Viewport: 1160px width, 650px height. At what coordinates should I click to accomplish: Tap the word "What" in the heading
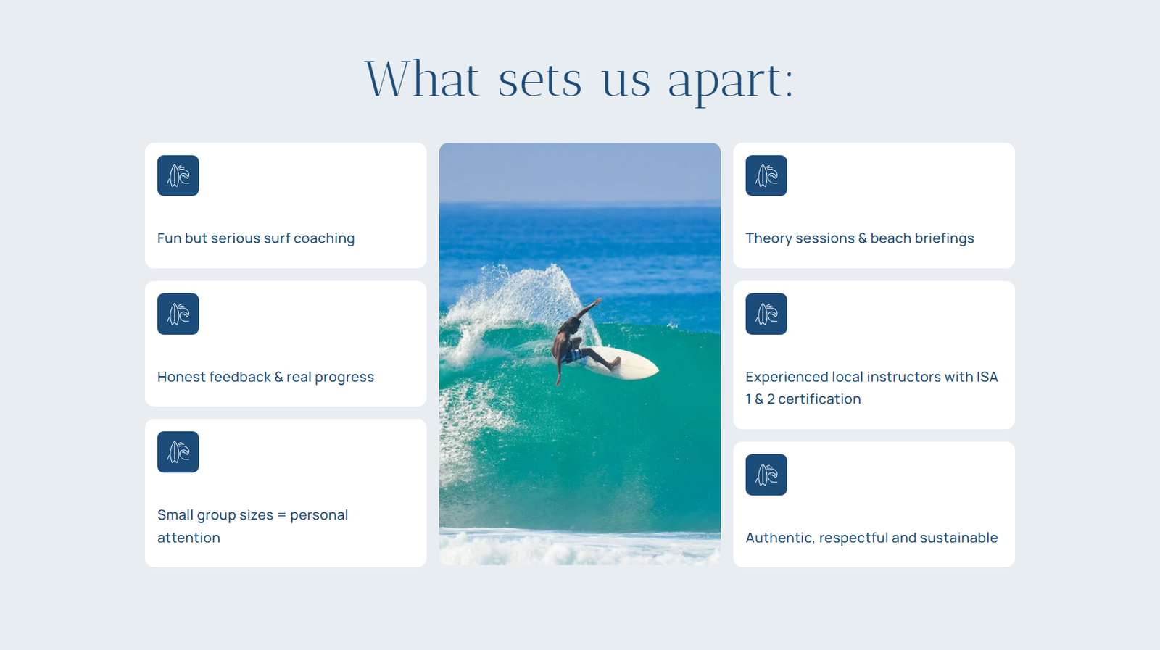click(x=422, y=78)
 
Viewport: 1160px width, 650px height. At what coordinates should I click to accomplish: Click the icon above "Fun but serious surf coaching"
click(x=178, y=175)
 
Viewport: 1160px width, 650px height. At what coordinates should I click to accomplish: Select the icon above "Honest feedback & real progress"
click(x=178, y=314)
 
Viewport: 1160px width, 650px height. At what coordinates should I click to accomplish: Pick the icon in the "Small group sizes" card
click(x=178, y=451)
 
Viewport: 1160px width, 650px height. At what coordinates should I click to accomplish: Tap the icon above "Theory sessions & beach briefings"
click(x=766, y=175)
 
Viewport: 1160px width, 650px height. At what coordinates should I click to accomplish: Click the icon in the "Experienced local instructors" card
click(x=766, y=314)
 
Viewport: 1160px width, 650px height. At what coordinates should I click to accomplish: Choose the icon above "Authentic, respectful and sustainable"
click(x=766, y=475)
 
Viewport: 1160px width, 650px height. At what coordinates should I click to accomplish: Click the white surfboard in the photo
click(x=624, y=363)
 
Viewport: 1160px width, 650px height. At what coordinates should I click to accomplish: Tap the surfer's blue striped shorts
click(x=572, y=357)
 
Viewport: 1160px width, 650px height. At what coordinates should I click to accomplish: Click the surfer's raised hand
click(x=598, y=301)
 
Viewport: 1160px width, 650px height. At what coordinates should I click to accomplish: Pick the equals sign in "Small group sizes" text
click(x=282, y=515)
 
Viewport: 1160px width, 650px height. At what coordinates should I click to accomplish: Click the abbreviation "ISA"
click(x=987, y=377)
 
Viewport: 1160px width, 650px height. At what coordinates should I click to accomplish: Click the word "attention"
click(x=188, y=538)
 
